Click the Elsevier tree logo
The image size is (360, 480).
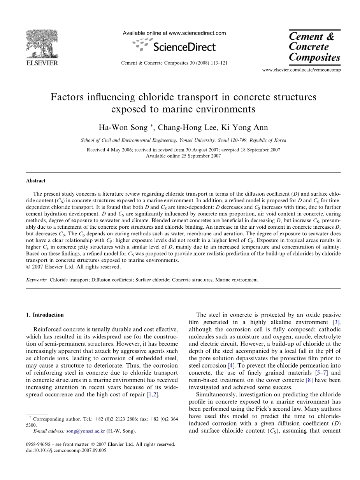[x=42, y=44]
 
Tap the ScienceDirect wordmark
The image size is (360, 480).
[x=184, y=47]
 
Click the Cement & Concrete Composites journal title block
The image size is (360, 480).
[x=314, y=47]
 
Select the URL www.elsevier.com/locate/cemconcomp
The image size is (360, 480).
[x=301, y=70]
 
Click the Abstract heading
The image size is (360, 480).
[x=36, y=181]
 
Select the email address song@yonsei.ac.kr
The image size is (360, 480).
[x=86, y=431]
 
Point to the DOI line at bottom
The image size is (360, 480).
[x=66, y=450]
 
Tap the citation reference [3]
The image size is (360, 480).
[x=336, y=322]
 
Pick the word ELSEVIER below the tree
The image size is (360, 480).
[x=42, y=63]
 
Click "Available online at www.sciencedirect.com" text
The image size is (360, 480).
[x=174, y=33]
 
